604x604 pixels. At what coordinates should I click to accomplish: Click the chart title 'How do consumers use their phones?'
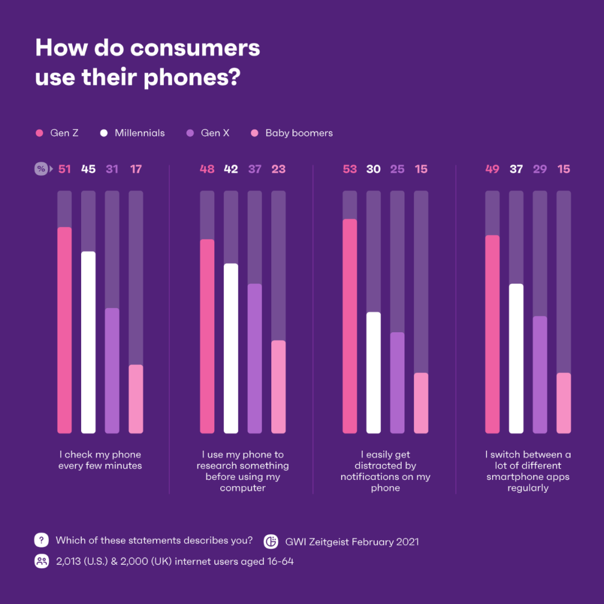[148, 63]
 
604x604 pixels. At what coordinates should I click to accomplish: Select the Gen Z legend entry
[58, 133]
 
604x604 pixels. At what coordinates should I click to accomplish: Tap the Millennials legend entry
[133, 133]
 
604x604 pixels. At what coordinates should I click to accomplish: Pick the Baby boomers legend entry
[292, 133]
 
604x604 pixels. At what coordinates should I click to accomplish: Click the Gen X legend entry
[208, 133]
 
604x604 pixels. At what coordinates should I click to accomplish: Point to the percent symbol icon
[41, 169]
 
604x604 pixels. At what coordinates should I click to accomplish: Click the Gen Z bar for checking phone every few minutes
[64, 330]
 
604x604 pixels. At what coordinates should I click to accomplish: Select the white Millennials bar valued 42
[231, 348]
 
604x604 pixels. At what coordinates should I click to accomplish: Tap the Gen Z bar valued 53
[350, 325]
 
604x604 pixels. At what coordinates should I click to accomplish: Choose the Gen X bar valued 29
[540, 375]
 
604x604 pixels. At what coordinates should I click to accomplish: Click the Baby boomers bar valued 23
[279, 387]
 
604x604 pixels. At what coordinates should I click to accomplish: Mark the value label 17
[136, 169]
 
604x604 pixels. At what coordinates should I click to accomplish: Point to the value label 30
[374, 169]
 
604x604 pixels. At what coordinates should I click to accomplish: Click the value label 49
[492, 169]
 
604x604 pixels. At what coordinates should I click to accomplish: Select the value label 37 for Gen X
[254, 169]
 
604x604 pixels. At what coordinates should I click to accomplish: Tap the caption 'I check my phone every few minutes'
[100, 460]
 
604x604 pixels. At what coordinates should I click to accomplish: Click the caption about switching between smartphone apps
[528, 471]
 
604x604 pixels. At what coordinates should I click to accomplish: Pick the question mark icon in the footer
[41, 540]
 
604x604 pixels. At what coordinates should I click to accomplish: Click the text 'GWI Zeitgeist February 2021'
[352, 541]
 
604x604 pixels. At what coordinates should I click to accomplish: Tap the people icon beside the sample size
[41, 561]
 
